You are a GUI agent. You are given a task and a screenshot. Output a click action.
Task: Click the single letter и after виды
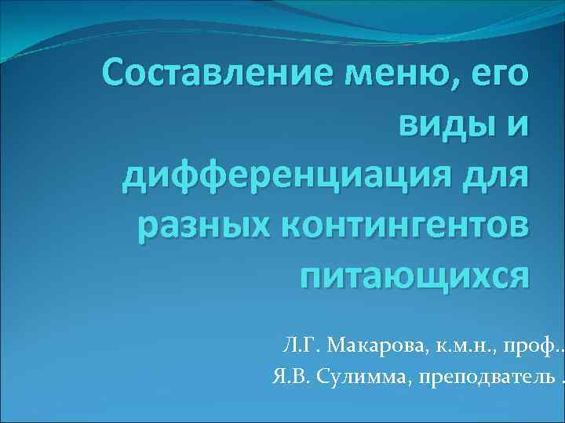coord(515,126)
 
